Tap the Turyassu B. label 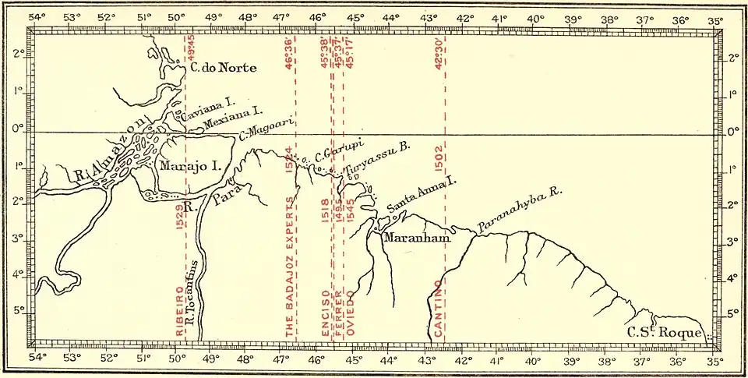pyautogui.click(x=377, y=163)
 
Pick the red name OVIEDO pyautogui.click(x=351, y=315)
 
